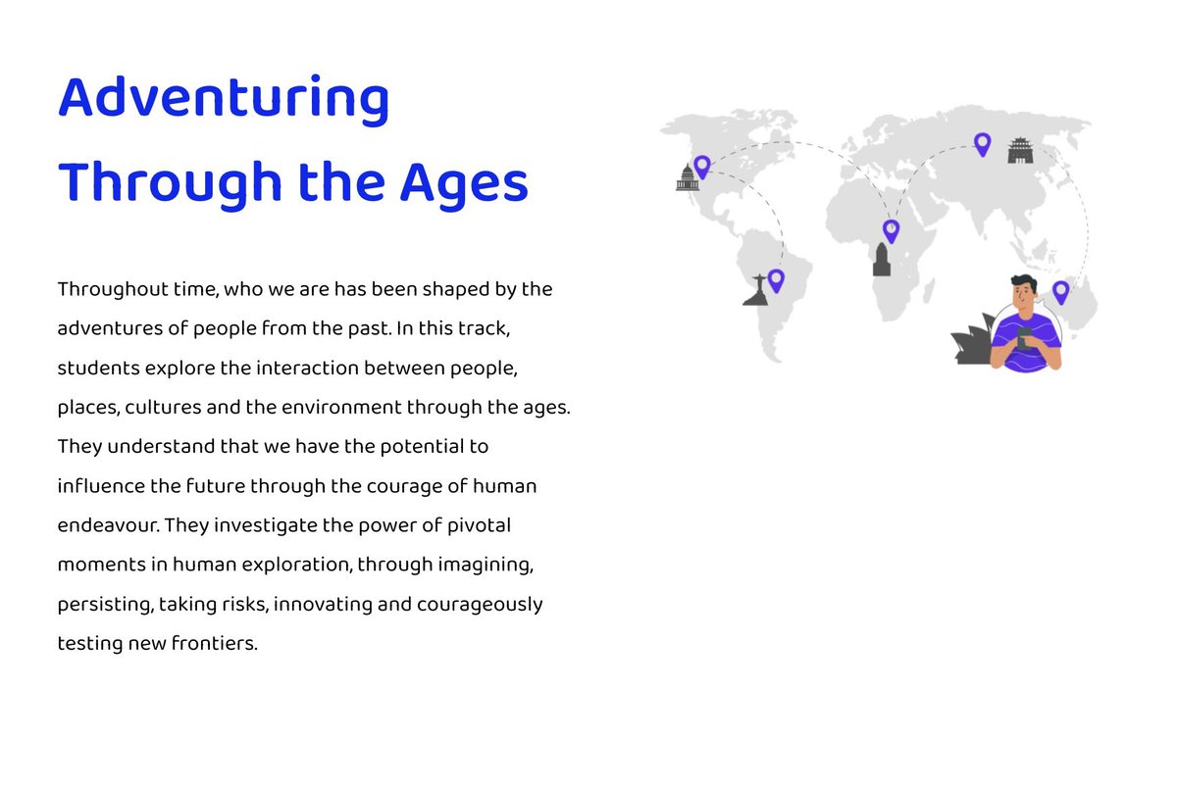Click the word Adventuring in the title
pos(224,100)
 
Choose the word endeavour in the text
pos(108,524)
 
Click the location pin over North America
pos(701,166)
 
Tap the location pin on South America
pos(776,279)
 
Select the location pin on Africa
pos(891,230)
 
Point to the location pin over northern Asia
pos(982,143)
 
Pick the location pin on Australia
pos(1060,291)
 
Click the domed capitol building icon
pos(688,178)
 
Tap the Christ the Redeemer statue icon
pos(757,290)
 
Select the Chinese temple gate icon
pos(1021,151)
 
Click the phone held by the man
pos(1024,341)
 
